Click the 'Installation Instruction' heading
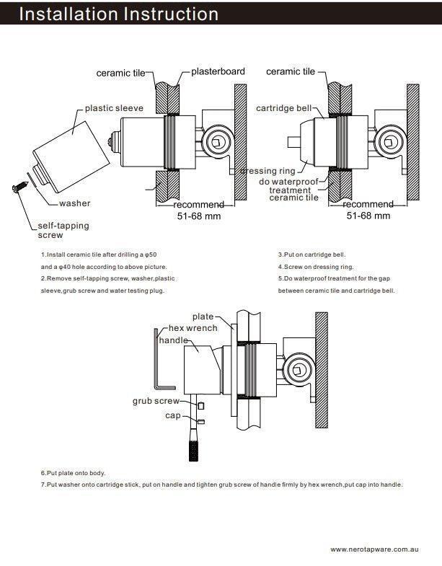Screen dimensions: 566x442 [x=119, y=14]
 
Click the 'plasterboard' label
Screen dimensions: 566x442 [x=218, y=71]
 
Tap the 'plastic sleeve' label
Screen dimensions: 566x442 [x=114, y=108]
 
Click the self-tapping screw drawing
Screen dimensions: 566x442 [x=17, y=188]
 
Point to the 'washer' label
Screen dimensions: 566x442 [x=75, y=203]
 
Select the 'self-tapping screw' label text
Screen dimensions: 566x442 [x=63, y=230]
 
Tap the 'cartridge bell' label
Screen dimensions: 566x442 [x=284, y=108]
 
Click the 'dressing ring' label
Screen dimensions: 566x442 [x=268, y=171]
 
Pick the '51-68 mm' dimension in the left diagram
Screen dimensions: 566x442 [x=198, y=216]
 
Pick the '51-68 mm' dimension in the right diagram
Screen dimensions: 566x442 [x=368, y=215]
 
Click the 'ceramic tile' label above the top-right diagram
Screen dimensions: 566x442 [x=291, y=71]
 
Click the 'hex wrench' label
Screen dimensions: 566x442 [x=193, y=328]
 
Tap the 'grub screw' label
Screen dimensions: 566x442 [x=156, y=401]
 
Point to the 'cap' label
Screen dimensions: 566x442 [x=173, y=415]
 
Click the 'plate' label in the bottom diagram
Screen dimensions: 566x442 [x=203, y=317]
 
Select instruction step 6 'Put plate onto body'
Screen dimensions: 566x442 [x=73, y=473]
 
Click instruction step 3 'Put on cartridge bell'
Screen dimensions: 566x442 [x=311, y=255]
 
